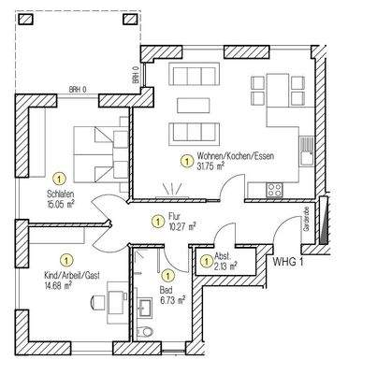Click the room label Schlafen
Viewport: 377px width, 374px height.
pos(59,194)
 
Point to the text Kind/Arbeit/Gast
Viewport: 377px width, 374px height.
pos(66,276)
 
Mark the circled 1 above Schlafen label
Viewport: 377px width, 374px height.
pos(59,177)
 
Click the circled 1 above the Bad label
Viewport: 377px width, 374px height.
pos(167,275)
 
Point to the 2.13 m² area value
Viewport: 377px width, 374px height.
pos(225,266)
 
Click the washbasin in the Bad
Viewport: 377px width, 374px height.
pos(147,305)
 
